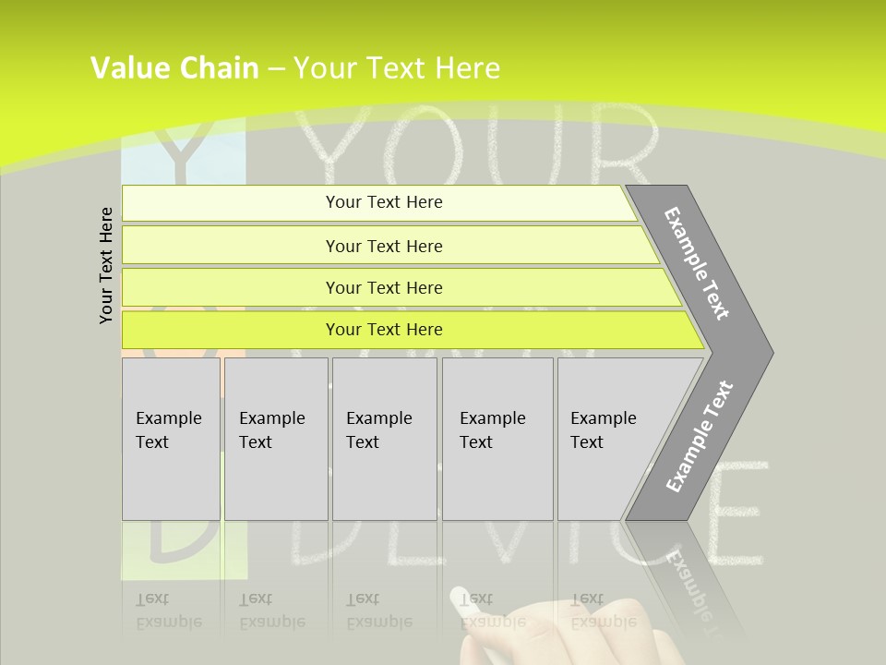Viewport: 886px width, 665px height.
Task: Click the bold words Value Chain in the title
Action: tap(174, 68)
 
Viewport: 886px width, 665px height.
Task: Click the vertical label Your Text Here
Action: tap(107, 265)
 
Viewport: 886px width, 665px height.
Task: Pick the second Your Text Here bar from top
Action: tap(384, 246)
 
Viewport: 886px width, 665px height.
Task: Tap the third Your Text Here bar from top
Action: tap(384, 287)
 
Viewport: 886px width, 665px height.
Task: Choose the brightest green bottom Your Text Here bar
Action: tap(384, 330)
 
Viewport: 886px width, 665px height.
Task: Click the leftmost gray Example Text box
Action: tap(171, 439)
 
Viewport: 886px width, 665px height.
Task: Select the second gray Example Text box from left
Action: tap(275, 439)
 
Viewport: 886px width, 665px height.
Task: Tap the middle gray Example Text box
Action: tap(384, 439)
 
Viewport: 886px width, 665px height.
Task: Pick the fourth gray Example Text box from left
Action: tap(497, 439)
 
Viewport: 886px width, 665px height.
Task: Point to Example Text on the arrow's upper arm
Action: tap(697, 263)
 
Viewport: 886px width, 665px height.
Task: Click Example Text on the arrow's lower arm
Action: tap(699, 437)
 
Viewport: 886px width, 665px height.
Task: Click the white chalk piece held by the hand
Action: tap(458, 598)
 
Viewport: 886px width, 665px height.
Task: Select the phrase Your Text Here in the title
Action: tap(397, 68)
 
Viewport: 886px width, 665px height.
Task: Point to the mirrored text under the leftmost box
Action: tap(169, 611)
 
